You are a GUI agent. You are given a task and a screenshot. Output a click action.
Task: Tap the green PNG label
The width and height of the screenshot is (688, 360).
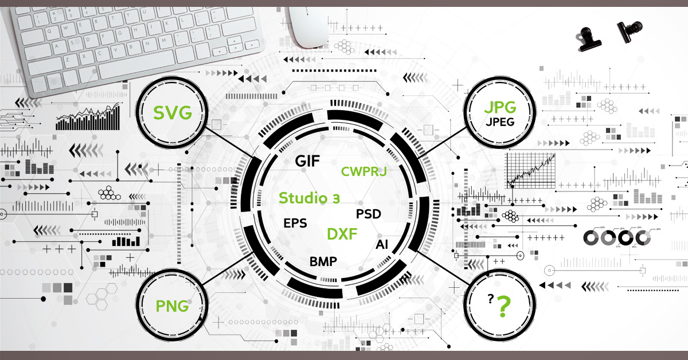172,306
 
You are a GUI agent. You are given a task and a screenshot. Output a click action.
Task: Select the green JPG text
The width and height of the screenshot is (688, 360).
499,107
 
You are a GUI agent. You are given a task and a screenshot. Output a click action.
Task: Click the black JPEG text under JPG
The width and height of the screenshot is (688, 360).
499,122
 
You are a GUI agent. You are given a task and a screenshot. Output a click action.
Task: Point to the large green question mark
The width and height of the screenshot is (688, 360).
503,307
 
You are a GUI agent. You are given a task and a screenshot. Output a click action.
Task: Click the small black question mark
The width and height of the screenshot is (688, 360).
490,298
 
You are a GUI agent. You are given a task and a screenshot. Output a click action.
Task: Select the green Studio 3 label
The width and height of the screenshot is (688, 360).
309,198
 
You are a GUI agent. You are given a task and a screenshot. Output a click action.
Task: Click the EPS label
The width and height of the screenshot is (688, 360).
295,223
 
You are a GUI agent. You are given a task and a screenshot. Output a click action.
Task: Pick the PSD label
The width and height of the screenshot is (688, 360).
369,214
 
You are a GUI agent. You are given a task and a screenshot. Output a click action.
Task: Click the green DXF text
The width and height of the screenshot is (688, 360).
342,234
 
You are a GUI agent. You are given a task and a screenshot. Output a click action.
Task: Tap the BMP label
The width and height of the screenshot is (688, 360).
323,262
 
